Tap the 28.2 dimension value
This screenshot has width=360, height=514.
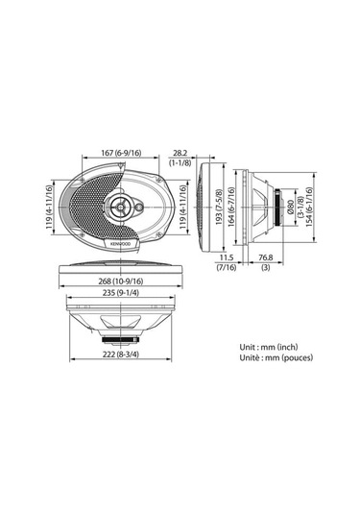180,151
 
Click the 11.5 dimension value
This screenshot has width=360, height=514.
227,257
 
